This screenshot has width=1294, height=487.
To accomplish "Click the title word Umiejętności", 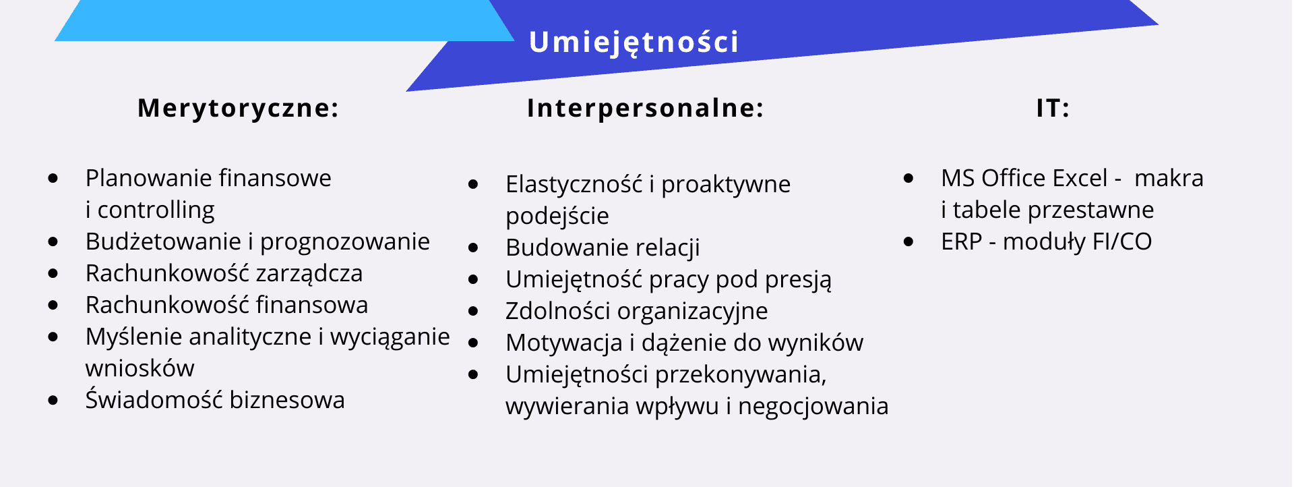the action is (x=634, y=42).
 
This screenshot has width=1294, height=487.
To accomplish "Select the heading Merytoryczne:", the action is (x=238, y=108).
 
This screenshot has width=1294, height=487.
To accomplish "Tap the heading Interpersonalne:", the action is (x=645, y=108).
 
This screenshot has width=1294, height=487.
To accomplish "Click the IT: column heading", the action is (x=1053, y=108).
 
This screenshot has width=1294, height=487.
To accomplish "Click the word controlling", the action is (x=156, y=210).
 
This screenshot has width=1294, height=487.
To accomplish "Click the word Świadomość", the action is (x=154, y=399).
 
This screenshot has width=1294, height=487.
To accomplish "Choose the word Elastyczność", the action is (x=574, y=184).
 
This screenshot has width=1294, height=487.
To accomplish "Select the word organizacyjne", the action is (x=693, y=311).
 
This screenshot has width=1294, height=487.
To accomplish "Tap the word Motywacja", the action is (x=564, y=343).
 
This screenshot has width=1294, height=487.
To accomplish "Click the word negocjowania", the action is (x=813, y=407).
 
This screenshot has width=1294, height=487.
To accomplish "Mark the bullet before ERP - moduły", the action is (x=909, y=241).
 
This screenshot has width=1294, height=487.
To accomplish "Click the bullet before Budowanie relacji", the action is (x=474, y=248).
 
